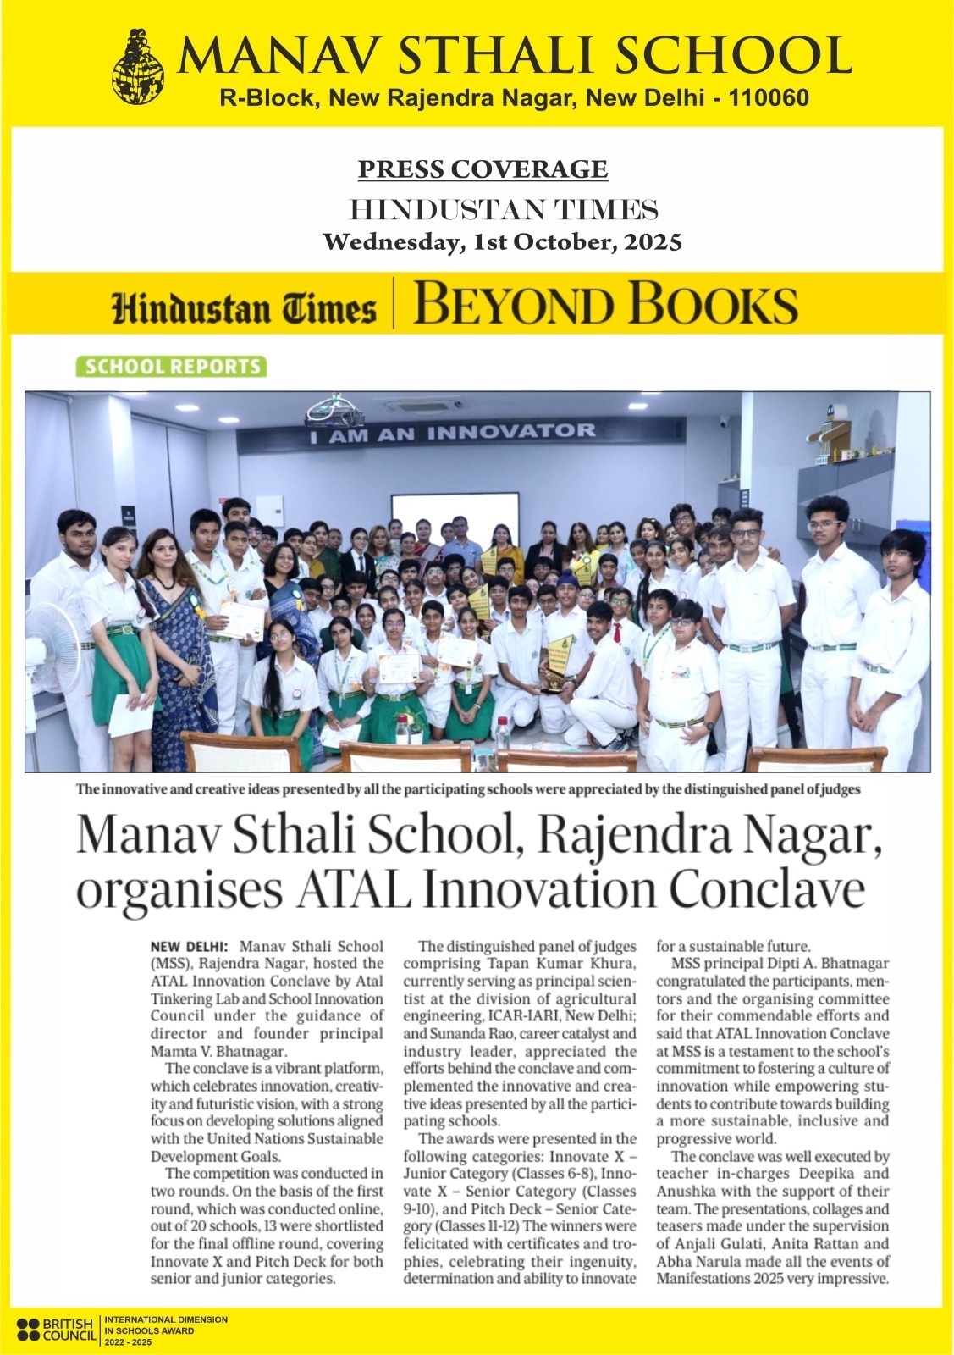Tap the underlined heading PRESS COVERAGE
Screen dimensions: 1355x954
483,169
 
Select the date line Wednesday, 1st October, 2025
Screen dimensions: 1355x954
503,242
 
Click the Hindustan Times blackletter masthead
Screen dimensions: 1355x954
245,307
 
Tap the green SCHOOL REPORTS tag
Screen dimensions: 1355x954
170,367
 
